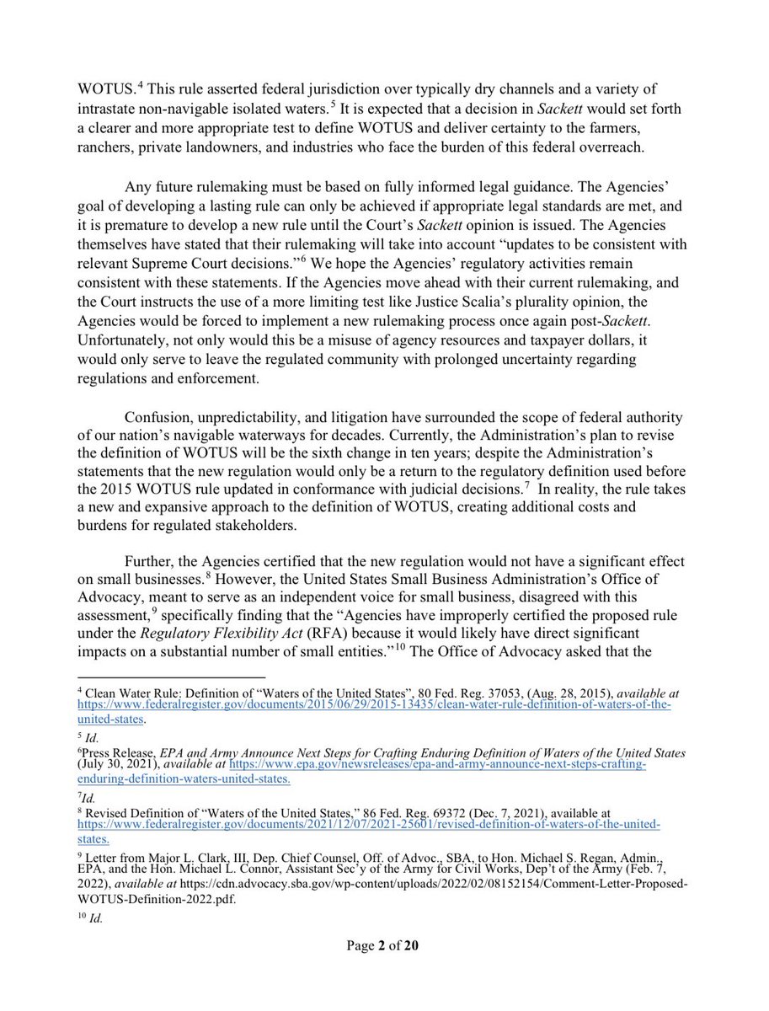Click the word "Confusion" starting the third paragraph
coord(158,419)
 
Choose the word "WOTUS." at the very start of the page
coord(105,89)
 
